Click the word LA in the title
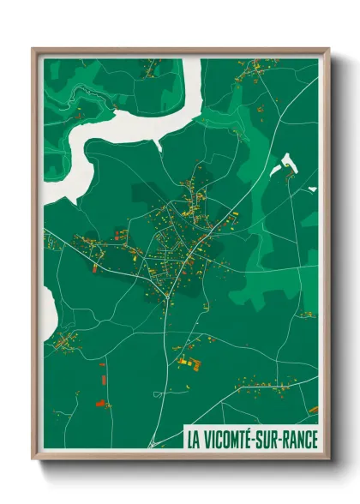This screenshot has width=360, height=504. click(192, 440)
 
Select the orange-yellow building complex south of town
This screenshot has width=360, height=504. click(187, 362)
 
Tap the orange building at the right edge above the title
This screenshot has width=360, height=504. click(314, 410)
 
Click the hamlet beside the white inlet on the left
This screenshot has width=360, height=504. click(64, 345)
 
